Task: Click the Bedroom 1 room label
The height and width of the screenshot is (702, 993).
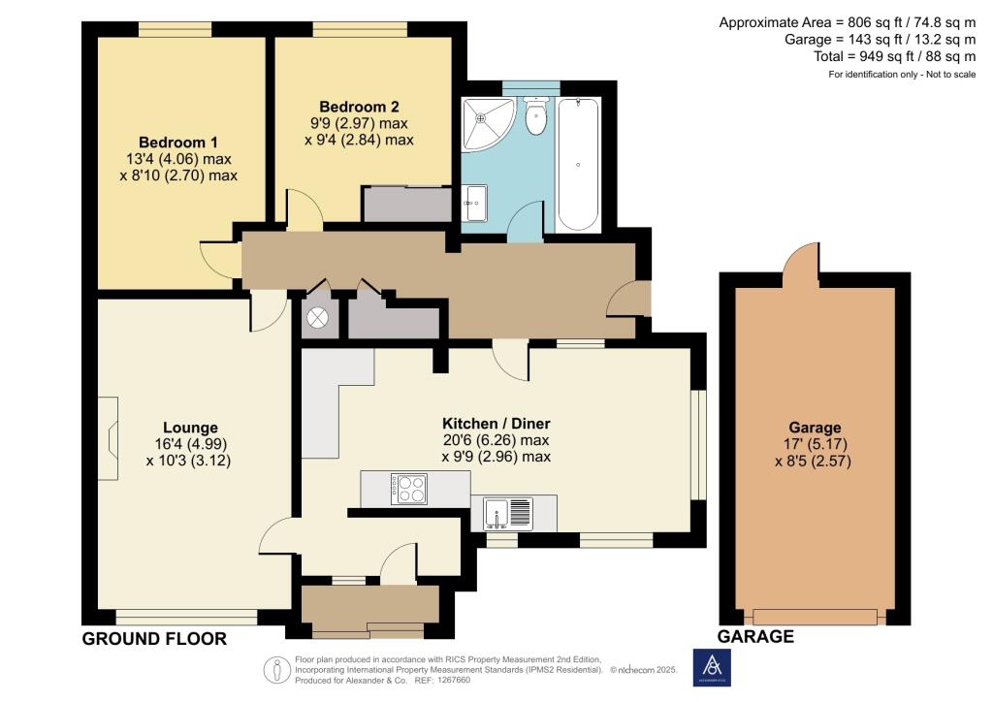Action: coord(177,142)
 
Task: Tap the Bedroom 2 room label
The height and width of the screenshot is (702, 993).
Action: coord(360,107)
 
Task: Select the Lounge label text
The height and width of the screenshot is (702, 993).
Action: coord(190,428)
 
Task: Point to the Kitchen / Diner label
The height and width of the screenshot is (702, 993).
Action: coord(496,424)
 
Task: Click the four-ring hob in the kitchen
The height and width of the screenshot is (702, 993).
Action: coord(408,488)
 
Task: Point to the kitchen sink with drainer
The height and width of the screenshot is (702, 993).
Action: coord(509,511)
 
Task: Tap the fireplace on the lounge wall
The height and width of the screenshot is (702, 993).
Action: coord(111,427)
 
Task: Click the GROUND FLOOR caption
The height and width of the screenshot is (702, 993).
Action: coord(154,639)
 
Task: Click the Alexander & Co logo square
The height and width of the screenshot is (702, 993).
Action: coord(713,667)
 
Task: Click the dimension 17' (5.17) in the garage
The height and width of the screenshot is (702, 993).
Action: coord(815,445)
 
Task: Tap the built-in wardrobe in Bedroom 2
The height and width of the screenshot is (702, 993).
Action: coord(407,205)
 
